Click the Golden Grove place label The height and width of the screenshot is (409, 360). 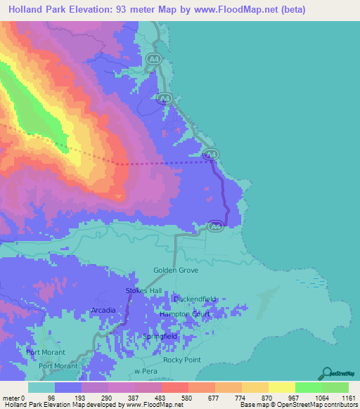tap(176, 270)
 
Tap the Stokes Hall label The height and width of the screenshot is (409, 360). tap(143, 290)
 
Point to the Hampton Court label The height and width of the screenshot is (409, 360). tap(185, 314)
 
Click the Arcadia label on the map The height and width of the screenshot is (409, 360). tap(103, 310)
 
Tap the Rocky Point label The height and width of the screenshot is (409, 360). tap(182, 360)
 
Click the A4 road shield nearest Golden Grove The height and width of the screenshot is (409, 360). tap(216, 226)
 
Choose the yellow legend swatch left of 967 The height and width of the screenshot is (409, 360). tap(281, 387)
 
